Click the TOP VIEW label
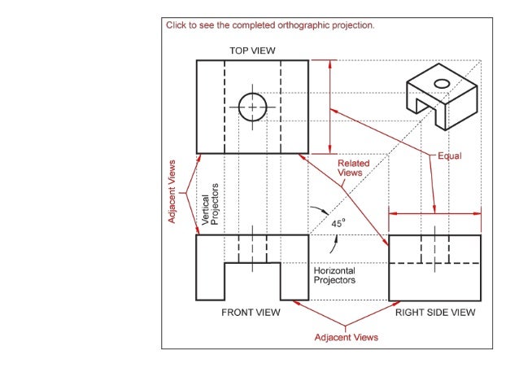[252, 50]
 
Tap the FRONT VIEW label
[251, 312]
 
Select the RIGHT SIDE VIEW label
[435, 312]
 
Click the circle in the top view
[252, 107]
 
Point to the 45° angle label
[338, 221]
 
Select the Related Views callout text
[353, 168]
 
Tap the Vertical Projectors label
[210, 204]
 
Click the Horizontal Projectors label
[334, 275]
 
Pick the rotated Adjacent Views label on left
[172, 192]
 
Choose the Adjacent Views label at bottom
[347, 336]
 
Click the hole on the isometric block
[442, 83]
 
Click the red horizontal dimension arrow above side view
[435, 214]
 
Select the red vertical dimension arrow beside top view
[329, 106]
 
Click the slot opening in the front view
[252, 282]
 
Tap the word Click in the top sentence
[177, 25]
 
